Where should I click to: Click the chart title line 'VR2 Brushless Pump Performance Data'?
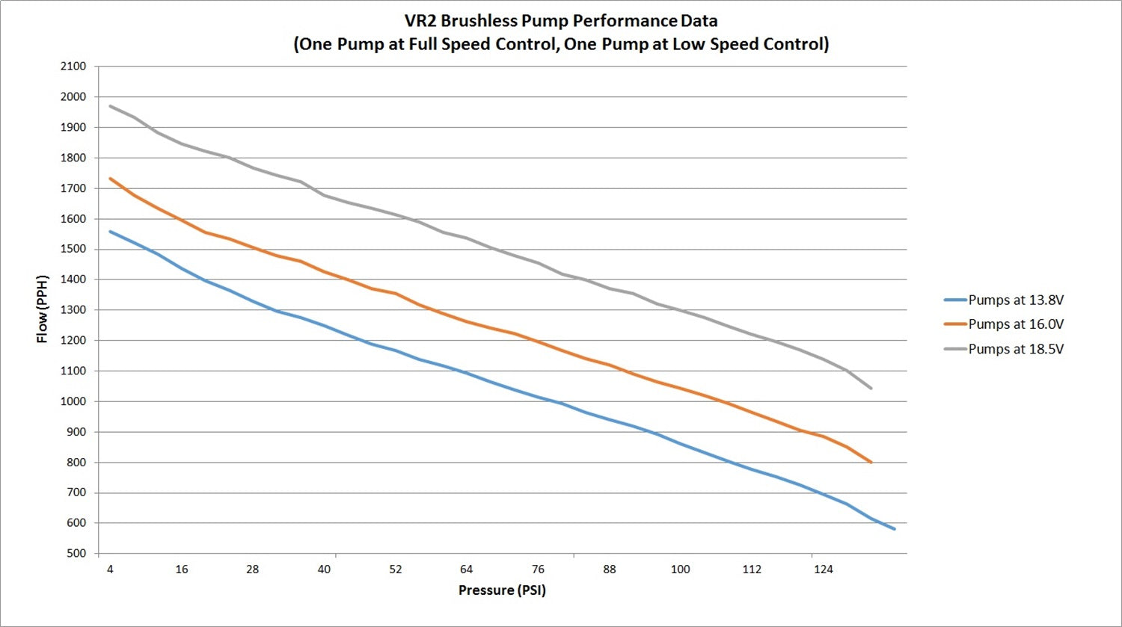(x=561, y=21)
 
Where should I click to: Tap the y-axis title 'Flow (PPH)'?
(x=43, y=309)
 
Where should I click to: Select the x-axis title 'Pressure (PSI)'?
(x=502, y=590)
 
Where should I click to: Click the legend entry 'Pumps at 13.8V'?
(x=1015, y=300)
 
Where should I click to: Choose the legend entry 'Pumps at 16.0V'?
(x=1015, y=324)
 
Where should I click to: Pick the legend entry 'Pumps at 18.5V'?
(x=1015, y=349)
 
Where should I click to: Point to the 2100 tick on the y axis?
(x=73, y=67)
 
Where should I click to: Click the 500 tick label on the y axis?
(x=76, y=554)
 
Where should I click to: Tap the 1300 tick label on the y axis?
(x=73, y=310)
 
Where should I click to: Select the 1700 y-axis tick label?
(x=73, y=188)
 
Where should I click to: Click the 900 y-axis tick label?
(x=76, y=432)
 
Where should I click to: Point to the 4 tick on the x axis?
(x=110, y=569)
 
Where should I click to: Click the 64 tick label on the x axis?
(x=467, y=569)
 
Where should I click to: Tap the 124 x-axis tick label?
(x=823, y=569)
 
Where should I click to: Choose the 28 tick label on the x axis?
(x=253, y=569)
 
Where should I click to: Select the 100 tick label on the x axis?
(x=680, y=569)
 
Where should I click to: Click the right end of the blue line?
(x=894, y=528)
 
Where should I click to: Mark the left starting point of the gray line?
(x=111, y=106)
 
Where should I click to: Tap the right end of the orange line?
(x=871, y=462)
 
